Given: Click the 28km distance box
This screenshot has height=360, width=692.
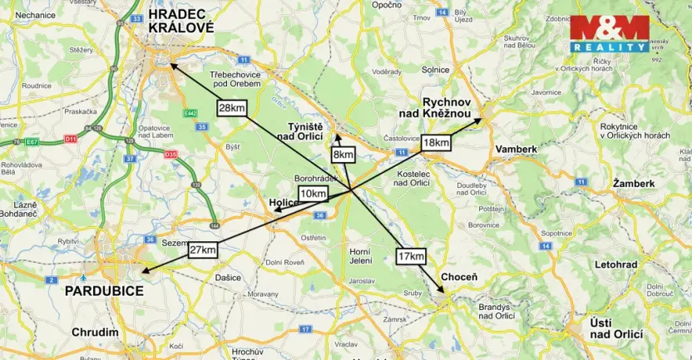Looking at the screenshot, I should (231, 107).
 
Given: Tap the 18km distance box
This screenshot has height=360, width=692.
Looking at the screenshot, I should (436, 142).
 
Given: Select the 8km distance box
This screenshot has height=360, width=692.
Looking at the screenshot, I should (343, 155).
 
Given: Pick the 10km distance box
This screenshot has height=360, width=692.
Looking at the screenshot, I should (313, 194).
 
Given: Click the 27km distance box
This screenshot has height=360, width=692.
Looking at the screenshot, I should (203, 250).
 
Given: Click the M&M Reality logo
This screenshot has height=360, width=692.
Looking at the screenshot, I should (609, 34).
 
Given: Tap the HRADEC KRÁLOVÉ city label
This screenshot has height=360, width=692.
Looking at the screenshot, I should (180, 20).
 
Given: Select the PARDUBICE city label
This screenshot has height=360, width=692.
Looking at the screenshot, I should (104, 291).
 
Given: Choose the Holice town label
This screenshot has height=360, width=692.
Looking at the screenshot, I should (284, 202).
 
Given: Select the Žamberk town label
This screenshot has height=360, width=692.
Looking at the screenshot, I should (633, 182).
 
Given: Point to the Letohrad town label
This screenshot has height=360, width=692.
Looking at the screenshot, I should (616, 264).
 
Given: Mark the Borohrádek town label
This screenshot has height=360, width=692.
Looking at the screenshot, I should (315, 179).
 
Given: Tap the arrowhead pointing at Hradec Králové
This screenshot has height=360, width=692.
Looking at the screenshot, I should (171, 64).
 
